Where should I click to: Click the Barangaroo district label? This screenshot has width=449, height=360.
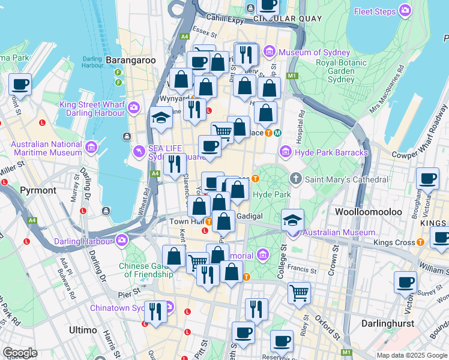(x=130, y=60)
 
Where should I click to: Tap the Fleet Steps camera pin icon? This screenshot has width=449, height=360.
(x=406, y=11)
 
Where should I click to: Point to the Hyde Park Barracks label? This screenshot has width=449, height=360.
(x=332, y=153)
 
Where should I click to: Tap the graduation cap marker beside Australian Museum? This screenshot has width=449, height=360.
(x=292, y=220)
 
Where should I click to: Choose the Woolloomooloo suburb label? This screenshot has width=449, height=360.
(x=364, y=214)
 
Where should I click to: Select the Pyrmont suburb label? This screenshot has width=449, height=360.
(x=38, y=190)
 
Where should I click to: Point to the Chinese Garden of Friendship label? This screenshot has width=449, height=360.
(x=148, y=270)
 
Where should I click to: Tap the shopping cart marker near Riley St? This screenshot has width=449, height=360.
(x=299, y=293)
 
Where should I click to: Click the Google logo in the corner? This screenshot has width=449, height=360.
(x=20, y=353)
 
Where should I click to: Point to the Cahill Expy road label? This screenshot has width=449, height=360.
(x=227, y=20)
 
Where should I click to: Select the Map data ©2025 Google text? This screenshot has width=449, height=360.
(x=412, y=355)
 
